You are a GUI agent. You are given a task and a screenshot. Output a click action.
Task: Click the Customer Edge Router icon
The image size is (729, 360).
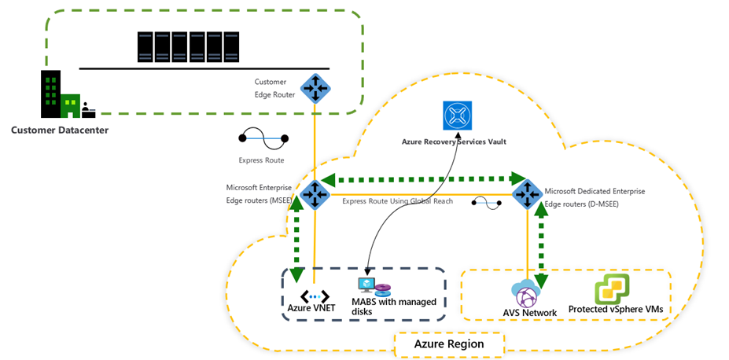point(315,87)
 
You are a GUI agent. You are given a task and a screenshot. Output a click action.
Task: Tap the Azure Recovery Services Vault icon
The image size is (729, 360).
point(456,115)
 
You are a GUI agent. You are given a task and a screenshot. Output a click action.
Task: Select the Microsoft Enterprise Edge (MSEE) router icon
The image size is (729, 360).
point(315,194)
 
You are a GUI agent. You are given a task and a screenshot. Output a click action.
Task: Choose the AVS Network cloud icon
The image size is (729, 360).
point(526,294)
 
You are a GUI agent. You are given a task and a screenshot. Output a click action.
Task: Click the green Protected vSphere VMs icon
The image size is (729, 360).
point(611,289)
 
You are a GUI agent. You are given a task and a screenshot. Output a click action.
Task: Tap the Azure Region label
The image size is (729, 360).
point(449,343)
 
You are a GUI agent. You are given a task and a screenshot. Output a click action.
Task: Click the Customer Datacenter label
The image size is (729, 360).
point(60,129)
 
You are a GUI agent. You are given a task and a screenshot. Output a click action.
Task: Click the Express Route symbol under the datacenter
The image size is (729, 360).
point(263,139)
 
